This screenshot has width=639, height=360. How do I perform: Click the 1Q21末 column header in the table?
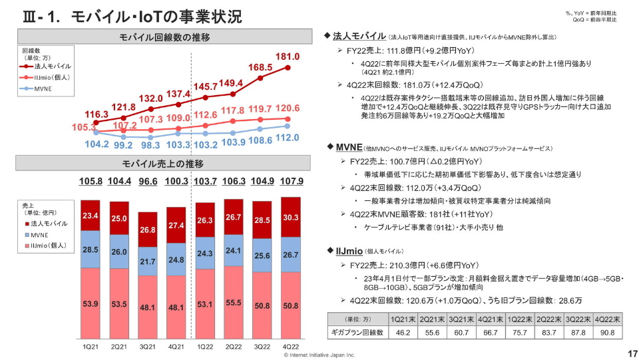click(x=403, y=319)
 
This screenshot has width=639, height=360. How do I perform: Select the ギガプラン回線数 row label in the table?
click(x=357, y=332)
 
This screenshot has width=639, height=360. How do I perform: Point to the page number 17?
click(x=626, y=353)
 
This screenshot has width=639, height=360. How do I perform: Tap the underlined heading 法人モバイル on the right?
click(x=359, y=35)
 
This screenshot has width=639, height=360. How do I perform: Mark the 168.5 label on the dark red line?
click(x=260, y=68)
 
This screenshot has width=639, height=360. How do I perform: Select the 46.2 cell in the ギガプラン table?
click(x=403, y=332)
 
